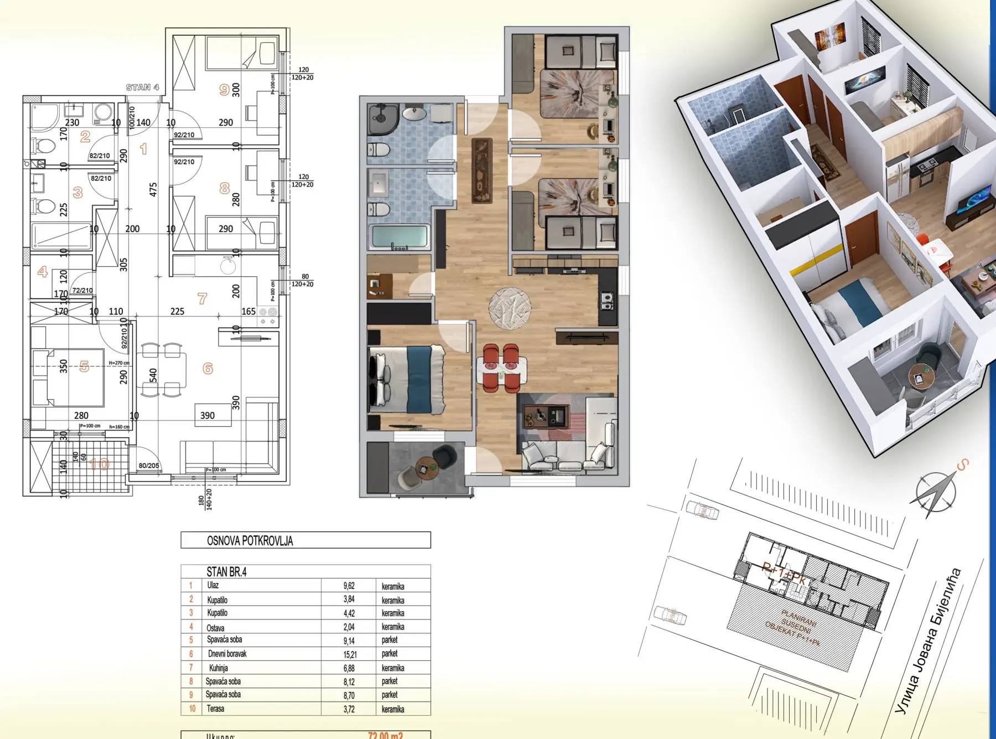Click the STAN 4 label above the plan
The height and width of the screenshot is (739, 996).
142,87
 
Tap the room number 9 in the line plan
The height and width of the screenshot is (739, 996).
224,89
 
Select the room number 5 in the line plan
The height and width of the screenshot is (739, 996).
84,366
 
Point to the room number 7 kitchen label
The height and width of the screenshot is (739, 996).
202,298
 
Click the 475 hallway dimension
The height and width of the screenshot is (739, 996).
153,189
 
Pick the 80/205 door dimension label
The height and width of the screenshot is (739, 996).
149,466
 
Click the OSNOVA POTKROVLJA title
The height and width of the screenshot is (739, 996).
250,541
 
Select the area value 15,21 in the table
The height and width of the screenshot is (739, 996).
349,654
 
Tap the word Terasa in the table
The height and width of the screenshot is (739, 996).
215,709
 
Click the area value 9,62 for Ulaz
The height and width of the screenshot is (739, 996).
349,586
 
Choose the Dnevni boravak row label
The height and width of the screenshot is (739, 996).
227,654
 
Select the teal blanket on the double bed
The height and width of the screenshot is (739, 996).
419,379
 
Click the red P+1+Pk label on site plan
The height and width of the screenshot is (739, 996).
784,573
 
